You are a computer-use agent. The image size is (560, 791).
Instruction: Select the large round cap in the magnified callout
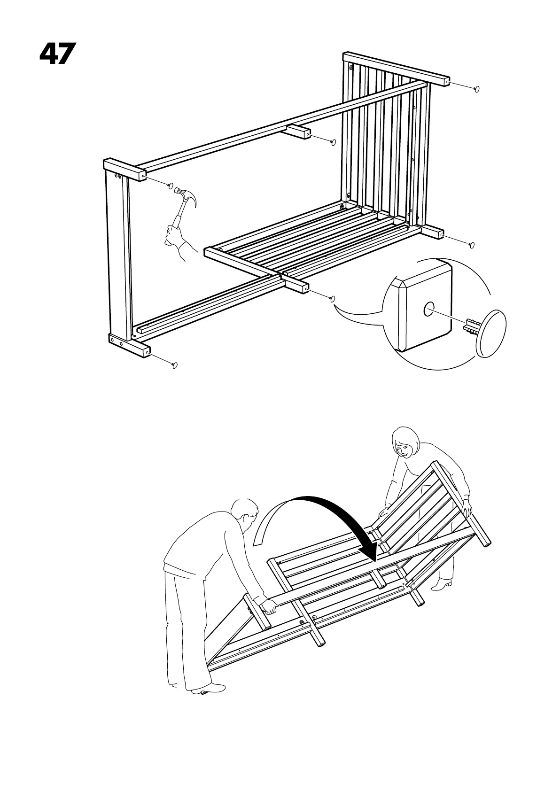491,333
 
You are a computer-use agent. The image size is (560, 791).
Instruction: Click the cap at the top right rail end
477,89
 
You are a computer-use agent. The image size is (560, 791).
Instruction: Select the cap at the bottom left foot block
175,365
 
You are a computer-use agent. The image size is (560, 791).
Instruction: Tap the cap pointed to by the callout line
333,298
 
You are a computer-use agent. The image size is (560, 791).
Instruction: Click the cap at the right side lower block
472,245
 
